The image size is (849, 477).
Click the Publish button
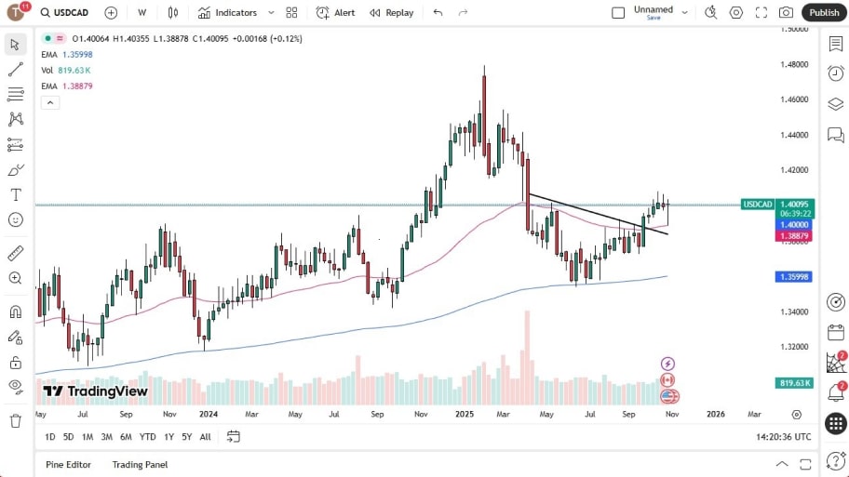click(823, 13)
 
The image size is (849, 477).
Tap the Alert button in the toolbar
click(336, 13)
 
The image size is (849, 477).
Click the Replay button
click(392, 13)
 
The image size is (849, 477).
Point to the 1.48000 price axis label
click(794, 64)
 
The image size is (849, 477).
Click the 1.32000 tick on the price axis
click(794, 347)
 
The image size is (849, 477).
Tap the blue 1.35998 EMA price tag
click(793, 277)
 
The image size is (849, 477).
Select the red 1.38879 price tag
click(793, 236)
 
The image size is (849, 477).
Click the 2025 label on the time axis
click(465, 414)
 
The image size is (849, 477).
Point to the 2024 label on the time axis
click(208, 414)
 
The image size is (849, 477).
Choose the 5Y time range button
click(187, 437)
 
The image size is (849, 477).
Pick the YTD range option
click(147, 437)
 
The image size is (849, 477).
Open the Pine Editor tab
click(69, 464)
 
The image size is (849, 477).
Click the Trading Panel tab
click(140, 464)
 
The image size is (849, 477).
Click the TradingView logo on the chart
click(95, 391)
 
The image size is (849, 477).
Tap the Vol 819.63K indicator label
click(65, 70)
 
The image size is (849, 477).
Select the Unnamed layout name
click(653, 9)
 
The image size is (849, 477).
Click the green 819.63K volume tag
click(794, 383)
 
